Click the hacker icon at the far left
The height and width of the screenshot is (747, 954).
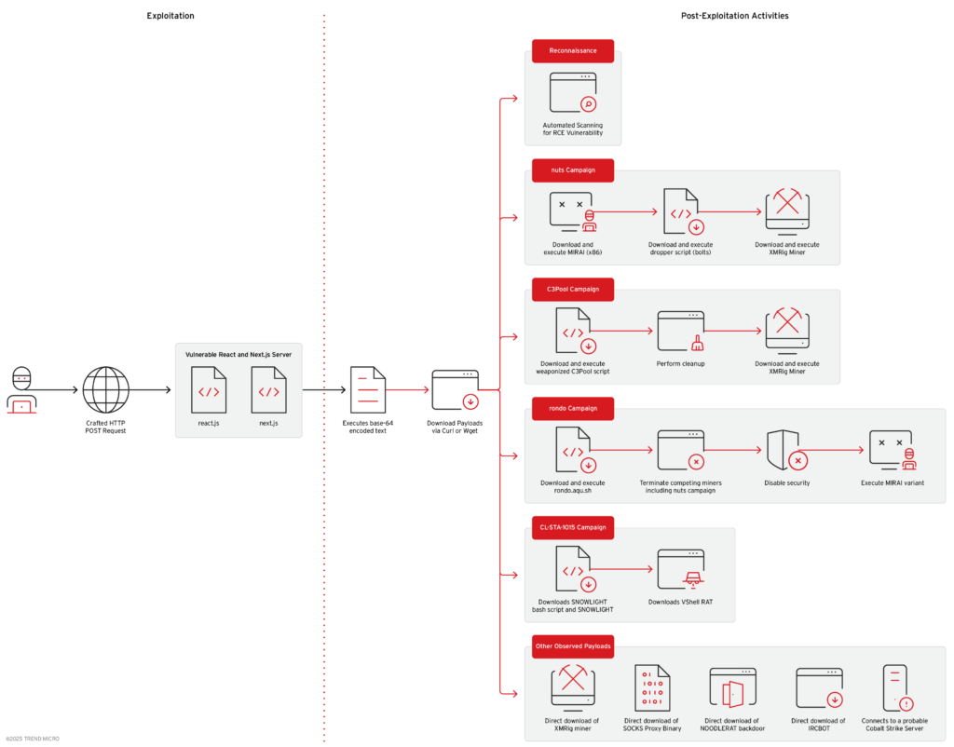click(x=21, y=390)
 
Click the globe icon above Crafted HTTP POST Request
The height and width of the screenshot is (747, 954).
click(x=105, y=389)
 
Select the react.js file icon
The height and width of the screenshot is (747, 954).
click(x=209, y=389)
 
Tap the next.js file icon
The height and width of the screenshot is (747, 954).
click(x=268, y=389)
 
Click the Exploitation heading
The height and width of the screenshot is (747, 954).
click(x=170, y=16)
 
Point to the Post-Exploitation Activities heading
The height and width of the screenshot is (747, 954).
click(x=735, y=16)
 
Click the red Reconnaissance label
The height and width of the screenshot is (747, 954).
click(x=572, y=50)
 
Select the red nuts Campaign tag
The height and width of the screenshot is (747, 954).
click(x=572, y=170)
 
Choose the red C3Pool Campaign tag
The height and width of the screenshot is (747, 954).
click(x=572, y=290)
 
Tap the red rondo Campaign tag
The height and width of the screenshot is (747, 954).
click(x=572, y=409)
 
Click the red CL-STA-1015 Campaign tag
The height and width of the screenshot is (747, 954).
click(x=572, y=527)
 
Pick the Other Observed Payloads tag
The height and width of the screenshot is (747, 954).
click(x=572, y=646)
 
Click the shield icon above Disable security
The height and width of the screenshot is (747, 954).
click(x=784, y=451)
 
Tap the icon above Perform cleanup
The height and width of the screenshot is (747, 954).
click(x=680, y=331)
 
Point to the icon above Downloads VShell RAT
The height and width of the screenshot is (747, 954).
click(x=680, y=569)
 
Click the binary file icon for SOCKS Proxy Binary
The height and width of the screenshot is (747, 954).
click(x=652, y=688)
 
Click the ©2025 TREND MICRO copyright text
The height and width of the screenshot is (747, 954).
click(x=33, y=739)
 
